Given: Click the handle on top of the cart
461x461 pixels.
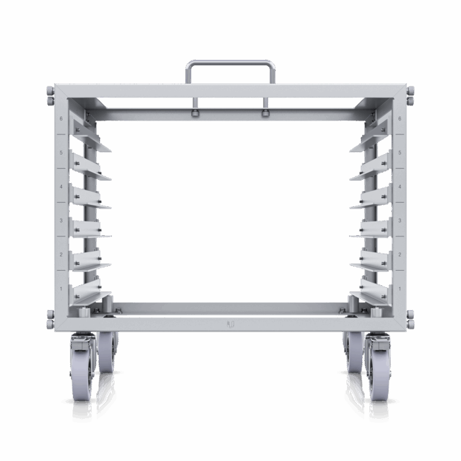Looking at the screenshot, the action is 230,63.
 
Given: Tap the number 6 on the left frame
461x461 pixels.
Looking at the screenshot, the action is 61,119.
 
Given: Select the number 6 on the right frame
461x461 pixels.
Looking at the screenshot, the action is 399,119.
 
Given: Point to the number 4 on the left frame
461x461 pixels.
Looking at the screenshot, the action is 61,186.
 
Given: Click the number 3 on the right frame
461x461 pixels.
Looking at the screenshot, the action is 399,221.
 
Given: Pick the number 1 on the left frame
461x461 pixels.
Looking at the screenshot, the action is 61,288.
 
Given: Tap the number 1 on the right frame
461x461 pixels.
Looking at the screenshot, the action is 399,288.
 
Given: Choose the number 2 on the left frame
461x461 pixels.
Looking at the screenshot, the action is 61,255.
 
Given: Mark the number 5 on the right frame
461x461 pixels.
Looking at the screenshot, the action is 399,153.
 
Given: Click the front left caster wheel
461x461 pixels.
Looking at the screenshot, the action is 82,367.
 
